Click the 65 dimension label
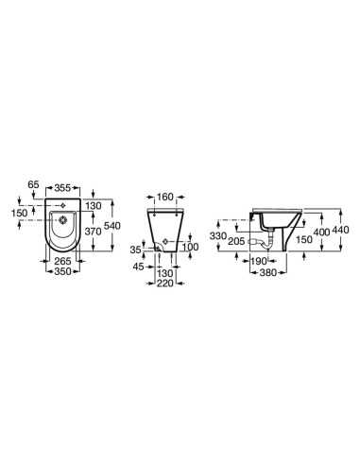[x=33, y=184]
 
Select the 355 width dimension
[x=62, y=188]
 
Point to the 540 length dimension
[x=113, y=226]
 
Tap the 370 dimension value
[x=94, y=232]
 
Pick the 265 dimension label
[x=62, y=261]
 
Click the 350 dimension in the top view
[x=62, y=271]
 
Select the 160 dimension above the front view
[x=165, y=197]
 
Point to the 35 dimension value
[x=136, y=250]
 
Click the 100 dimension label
[x=191, y=247]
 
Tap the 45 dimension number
[x=138, y=267]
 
